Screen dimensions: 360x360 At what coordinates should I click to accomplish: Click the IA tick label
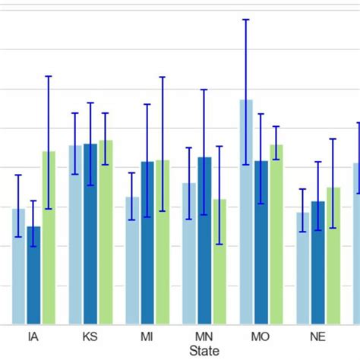pyautogui.click(x=33, y=336)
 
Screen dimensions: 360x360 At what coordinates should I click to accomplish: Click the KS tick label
pyautogui.click(x=90, y=336)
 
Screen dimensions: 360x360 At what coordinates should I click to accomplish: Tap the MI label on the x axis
pyautogui.click(x=147, y=336)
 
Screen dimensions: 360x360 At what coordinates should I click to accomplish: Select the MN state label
pyautogui.click(x=204, y=336)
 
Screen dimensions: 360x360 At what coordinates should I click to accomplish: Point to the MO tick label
pyautogui.click(x=261, y=336)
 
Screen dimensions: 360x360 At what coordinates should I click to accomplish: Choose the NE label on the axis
pyautogui.click(x=317, y=336)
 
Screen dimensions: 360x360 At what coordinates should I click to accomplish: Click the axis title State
pyautogui.click(x=204, y=351)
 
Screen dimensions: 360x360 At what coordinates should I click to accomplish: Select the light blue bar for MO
pyautogui.click(x=246, y=213)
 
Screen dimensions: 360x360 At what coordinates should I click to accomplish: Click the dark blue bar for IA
pyautogui.click(x=33, y=275)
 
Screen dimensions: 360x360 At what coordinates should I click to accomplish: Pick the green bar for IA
pyautogui.click(x=49, y=238)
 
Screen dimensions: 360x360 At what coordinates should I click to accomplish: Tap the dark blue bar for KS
pyautogui.click(x=90, y=234)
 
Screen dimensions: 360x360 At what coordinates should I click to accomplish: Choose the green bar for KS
pyautogui.click(x=106, y=232)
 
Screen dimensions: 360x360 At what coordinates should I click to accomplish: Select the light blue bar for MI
pyautogui.click(x=132, y=261)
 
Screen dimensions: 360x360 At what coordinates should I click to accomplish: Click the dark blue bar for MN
pyautogui.click(x=204, y=241)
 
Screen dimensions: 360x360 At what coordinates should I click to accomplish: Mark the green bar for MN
pyautogui.click(x=219, y=262)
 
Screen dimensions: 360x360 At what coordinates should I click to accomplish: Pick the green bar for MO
pyautogui.click(x=276, y=235)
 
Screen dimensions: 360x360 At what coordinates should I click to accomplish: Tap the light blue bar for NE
pyautogui.click(x=303, y=268)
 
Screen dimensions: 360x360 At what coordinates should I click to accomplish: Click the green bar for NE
pyautogui.click(x=333, y=256)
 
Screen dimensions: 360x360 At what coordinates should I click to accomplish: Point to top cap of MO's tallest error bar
pyautogui.click(x=246, y=20)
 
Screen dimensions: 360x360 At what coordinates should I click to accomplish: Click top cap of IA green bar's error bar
pyautogui.click(x=49, y=76)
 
